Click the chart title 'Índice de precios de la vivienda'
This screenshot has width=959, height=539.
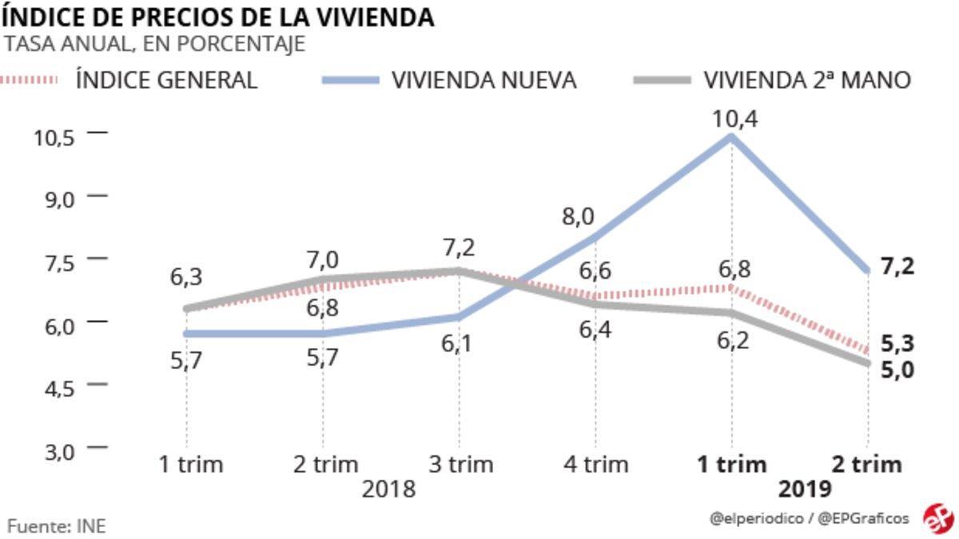(x=217, y=16)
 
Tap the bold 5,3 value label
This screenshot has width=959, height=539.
(x=897, y=344)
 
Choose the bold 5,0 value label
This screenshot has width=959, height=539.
(x=897, y=371)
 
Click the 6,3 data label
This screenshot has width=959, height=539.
(x=185, y=277)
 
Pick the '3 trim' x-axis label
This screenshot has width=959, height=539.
(x=460, y=464)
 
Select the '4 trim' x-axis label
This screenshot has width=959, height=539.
(x=595, y=464)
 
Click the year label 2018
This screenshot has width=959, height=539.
(x=388, y=489)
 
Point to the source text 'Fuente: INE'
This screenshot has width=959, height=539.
(x=56, y=525)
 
